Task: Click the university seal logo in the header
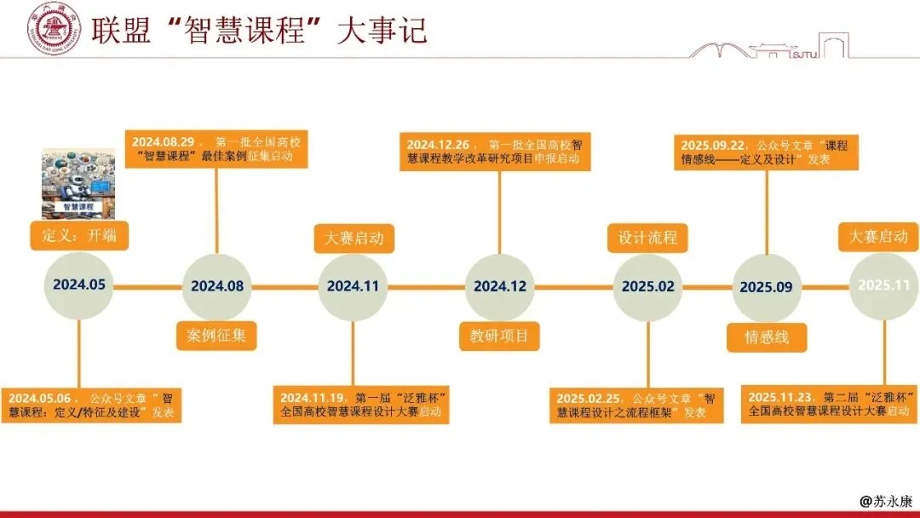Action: click(x=55, y=28)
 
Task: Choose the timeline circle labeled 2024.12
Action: click(x=500, y=287)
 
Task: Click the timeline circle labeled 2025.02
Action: click(x=647, y=287)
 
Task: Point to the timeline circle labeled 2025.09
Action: click(x=766, y=288)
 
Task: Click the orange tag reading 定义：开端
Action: click(x=79, y=235)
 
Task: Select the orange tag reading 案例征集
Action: click(x=216, y=335)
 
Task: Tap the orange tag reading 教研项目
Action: click(x=499, y=336)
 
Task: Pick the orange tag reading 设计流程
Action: click(x=647, y=237)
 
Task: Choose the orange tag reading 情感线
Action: click(x=766, y=337)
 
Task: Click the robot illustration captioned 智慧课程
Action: click(x=78, y=183)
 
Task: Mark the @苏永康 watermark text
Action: click(x=885, y=502)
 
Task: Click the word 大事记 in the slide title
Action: click(x=382, y=30)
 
